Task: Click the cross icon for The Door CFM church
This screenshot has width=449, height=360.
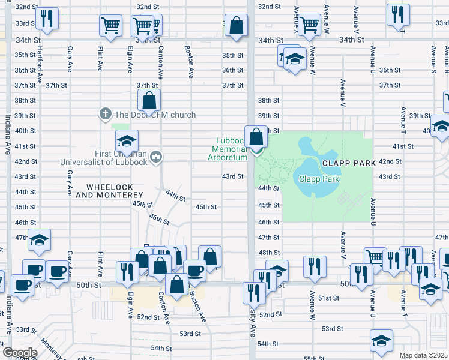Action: tap(105, 114)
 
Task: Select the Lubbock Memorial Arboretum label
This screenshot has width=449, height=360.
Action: tap(231, 149)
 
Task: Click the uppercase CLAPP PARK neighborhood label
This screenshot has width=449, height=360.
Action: tap(348, 163)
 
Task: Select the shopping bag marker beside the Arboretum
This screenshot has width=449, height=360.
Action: tap(256, 137)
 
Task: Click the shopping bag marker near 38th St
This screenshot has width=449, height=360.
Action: tap(149, 101)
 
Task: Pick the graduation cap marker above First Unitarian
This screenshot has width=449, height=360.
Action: tap(127, 142)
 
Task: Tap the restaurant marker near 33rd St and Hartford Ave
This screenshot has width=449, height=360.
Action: tap(47, 19)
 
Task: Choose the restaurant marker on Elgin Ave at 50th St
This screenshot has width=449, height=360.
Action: tap(127, 271)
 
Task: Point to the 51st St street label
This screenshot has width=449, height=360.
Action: tap(329, 298)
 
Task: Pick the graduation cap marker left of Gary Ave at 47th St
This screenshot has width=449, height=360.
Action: tap(40, 241)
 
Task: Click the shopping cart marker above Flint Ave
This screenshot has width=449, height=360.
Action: tap(111, 26)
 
